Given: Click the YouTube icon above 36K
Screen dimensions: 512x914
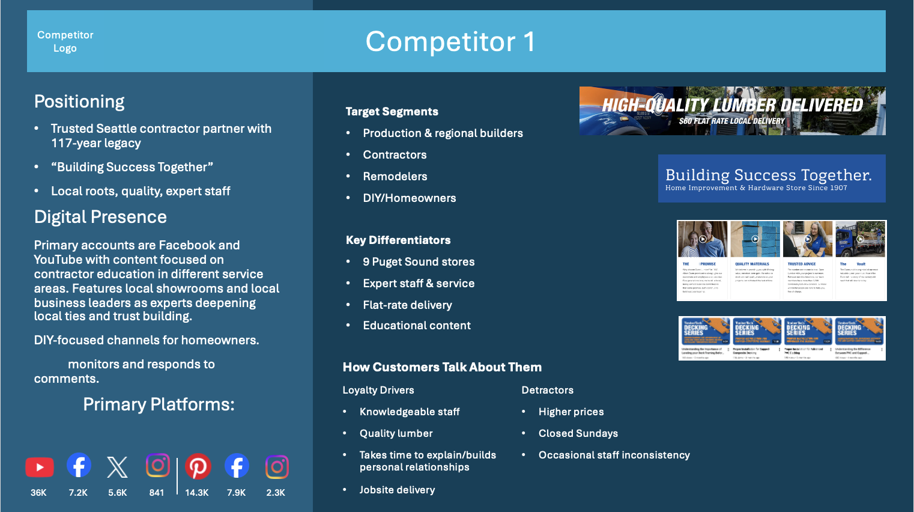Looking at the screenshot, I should pos(40,467).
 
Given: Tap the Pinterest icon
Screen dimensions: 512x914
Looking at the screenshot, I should pos(198,466).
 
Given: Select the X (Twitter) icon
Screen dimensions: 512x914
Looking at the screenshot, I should pos(118,467).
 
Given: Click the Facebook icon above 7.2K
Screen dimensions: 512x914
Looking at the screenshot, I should pos(79,465).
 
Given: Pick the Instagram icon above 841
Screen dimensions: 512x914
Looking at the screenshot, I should pos(157,465).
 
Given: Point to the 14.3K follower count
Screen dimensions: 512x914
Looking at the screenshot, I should pos(197,493).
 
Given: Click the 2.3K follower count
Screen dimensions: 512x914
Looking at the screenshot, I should pos(276,493).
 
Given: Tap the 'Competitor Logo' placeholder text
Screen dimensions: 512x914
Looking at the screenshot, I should pos(65,41).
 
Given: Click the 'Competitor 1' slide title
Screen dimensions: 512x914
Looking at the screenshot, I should pos(450,41).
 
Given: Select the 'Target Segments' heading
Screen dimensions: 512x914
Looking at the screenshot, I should pos(392,112).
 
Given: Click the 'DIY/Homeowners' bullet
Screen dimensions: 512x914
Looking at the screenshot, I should pos(410,198).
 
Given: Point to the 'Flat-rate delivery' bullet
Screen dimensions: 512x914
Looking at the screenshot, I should pos(407,305).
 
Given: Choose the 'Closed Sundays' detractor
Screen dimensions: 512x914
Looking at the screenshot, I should pos(578,433).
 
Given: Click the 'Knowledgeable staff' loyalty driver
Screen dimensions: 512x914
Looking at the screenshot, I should pos(410,412).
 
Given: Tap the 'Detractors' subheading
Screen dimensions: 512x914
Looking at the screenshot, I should pos(547,390).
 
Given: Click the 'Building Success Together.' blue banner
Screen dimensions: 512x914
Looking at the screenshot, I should pos(772,178).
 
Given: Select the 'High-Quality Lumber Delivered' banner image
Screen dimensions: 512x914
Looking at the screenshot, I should pos(732,111).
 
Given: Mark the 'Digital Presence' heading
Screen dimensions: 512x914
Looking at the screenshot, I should pos(100,217).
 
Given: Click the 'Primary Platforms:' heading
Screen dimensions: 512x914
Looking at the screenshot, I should pos(159,404).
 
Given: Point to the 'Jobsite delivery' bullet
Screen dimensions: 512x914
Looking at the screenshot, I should pos(397,490).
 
